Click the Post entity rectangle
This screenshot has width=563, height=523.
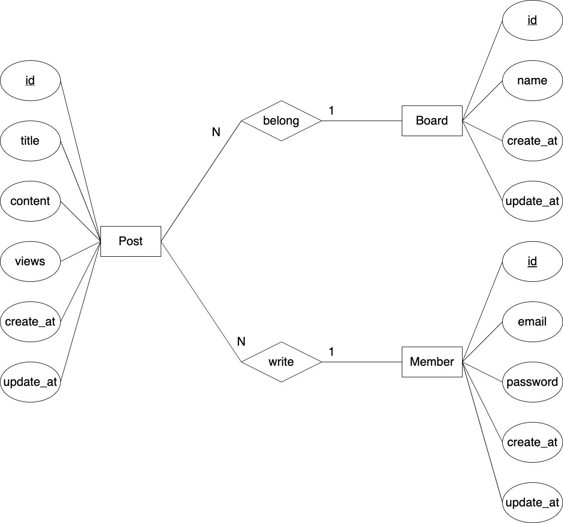pos(131,241)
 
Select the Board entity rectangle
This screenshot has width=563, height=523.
pos(432,121)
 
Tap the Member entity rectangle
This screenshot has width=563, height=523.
pos(432,362)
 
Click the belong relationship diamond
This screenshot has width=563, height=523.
pos(281,121)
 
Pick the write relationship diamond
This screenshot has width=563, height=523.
pos(281,362)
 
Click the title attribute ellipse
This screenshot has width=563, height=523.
pos(30,141)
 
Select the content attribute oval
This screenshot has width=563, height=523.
pos(30,201)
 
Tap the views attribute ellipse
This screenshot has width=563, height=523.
pos(30,261)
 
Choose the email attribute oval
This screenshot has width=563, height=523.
pos(532,322)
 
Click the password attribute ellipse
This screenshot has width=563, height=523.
pos(532,382)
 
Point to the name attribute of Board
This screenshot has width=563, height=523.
pos(532,80)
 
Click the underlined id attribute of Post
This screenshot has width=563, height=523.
pos(30,80)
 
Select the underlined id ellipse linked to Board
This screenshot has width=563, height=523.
pos(532,20)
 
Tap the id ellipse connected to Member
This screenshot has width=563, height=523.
pos(532,261)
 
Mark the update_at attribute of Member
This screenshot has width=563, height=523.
pos(532,502)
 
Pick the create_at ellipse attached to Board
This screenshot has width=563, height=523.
pos(532,141)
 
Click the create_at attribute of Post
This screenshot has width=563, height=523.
pos(30,322)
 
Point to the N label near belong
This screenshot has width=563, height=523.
pos(216,132)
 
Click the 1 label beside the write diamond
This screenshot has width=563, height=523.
pos(331,352)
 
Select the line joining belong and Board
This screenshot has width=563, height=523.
pos(362,121)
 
